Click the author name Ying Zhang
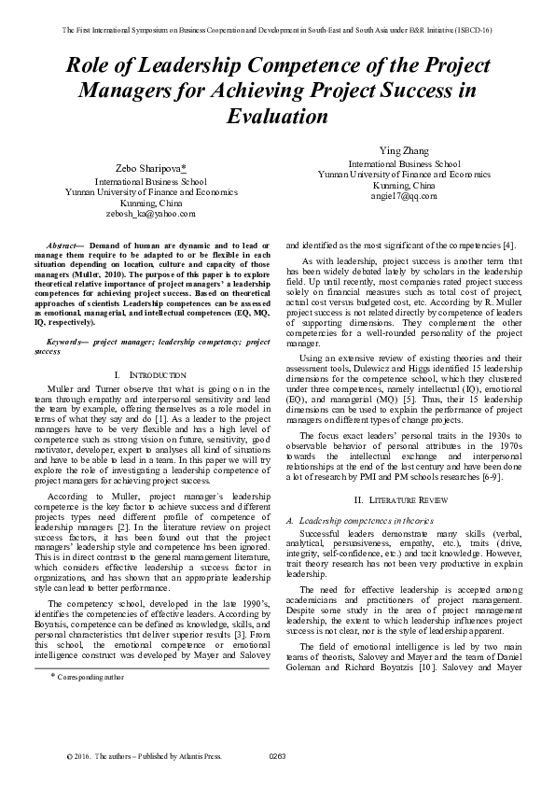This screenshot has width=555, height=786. coord(403,151)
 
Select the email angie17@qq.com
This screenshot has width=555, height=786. coord(404,197)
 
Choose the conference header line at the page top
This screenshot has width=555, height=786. coord(277,29)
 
